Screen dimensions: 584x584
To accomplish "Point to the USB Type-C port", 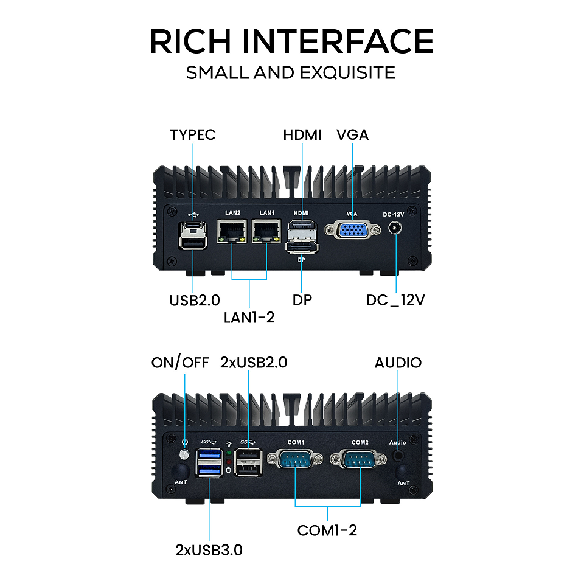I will pyautogui.click(x=193, y=226).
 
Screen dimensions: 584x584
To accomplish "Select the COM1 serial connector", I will pyautogui.click(x=296, y=461).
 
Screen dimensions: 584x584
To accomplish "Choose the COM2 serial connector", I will pyautogui.click(x=360, y=461).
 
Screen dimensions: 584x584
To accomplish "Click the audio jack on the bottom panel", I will pyautogui.click(x=399, y=454).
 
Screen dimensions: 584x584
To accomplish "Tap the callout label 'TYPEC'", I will pyautogui.click(x=193, y=134).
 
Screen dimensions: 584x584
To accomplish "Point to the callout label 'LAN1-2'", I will pyautogui.click(x=249, y=317).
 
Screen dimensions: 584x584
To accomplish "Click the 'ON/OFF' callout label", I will pyautogui.click(x=180, y=363).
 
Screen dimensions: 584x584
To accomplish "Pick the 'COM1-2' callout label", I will pyautogui.click(x=327, y=530).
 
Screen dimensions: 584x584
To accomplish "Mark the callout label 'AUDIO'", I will pyautogui.click(x=398, y=363).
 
